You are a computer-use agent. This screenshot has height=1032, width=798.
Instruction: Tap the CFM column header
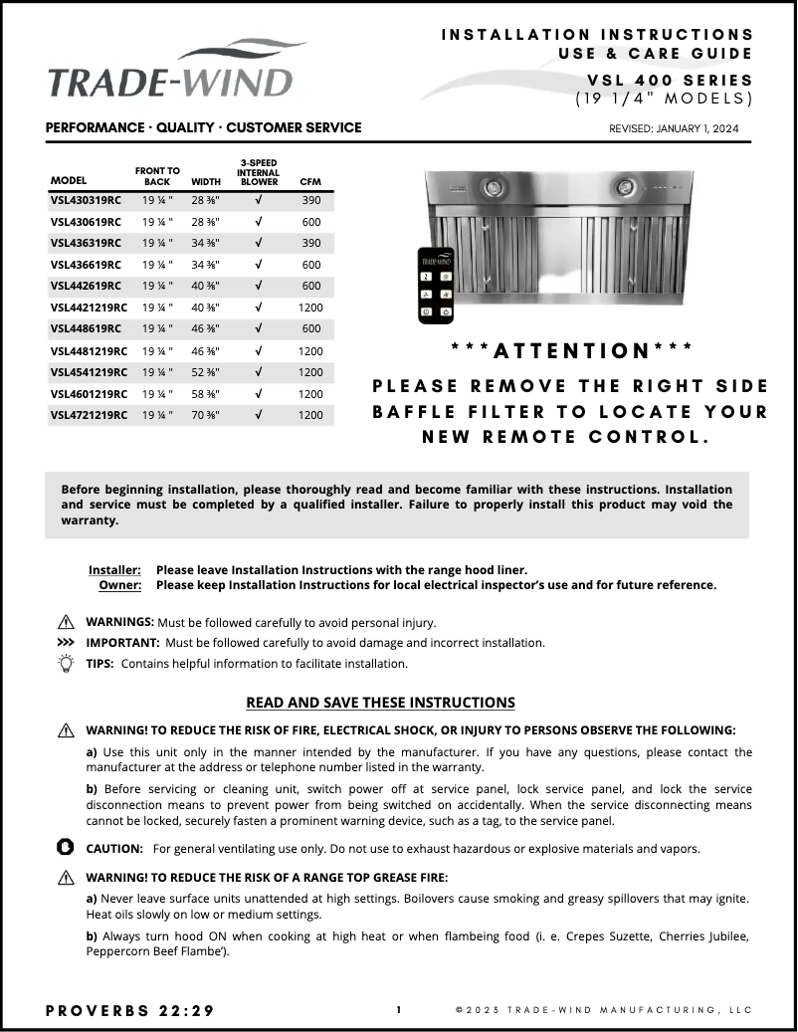click(310, 182)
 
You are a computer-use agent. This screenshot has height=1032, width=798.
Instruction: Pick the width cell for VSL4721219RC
click(206, 415)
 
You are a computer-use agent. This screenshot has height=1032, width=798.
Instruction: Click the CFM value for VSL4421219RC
click(310, 308)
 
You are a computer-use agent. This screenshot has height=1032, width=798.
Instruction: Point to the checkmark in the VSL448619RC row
click(258, 328)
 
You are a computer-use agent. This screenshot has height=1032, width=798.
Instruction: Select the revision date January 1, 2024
click(674, 128)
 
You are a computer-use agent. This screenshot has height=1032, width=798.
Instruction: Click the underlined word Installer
click(114, 570)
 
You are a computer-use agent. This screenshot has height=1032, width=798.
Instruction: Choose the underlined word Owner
click(119, 585)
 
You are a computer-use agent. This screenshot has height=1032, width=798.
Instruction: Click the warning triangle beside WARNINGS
click(67, 622)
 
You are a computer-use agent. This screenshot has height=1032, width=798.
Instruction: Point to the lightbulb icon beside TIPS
click(67, 664)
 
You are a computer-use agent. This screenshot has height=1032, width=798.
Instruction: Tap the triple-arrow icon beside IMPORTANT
click(67, 643)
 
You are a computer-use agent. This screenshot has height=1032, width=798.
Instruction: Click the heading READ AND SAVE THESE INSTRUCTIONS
click(380, 703)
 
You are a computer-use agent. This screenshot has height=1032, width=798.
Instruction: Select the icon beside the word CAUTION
click(67, 848)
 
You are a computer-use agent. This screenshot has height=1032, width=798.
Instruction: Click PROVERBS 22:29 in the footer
click(129, 1010)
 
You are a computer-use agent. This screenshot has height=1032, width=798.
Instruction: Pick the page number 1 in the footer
click(399, 1010)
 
